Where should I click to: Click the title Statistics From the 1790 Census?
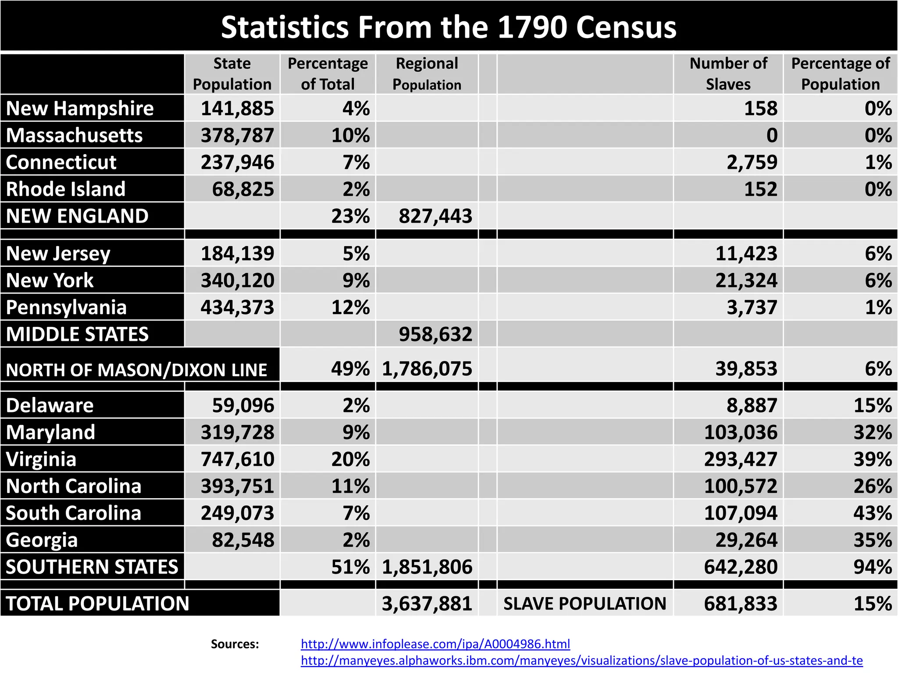[x=449, y=27]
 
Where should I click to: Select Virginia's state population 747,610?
[x=237, y=459]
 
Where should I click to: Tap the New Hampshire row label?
[x=80, y=108]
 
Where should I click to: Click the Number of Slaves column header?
[x=728, y=74]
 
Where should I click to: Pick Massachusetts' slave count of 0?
[x=772, y=135]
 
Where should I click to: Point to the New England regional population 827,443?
[x=435, y=216]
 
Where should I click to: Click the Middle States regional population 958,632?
[x=435, y=334]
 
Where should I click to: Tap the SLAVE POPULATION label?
[x=584, y=604]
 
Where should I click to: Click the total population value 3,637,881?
[x=427, y=604]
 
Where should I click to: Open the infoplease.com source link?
[x=435, y=644]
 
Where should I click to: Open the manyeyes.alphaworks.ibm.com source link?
[x=581, y=660]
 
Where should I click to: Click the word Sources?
[x=235, y=644]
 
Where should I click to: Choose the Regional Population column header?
[x=427, y=74]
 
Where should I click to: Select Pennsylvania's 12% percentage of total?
[x=350, y=307]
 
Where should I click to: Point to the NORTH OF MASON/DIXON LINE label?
[x=136, y=370]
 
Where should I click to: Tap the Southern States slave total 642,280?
[x=741, y=567]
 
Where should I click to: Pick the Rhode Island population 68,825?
[x=243, y=189]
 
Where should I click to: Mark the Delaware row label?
[x=50, y=405]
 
